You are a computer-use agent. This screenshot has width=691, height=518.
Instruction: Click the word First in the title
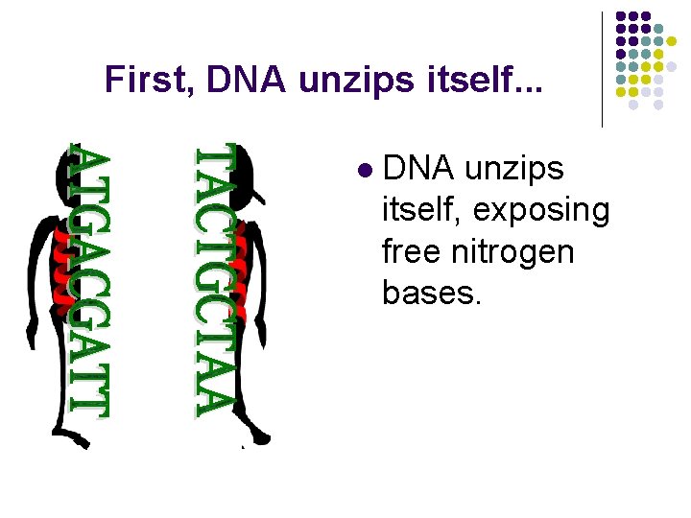click(142, 79)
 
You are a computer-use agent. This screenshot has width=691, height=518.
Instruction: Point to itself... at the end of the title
click(481, 79)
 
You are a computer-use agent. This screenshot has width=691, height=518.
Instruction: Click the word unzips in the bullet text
click(513, 169)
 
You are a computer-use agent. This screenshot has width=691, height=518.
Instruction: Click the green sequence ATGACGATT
click(89, 280)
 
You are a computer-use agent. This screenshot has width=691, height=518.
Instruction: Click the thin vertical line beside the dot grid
click(602, 69)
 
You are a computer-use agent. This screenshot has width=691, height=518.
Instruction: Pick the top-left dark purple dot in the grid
click(620, 16)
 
